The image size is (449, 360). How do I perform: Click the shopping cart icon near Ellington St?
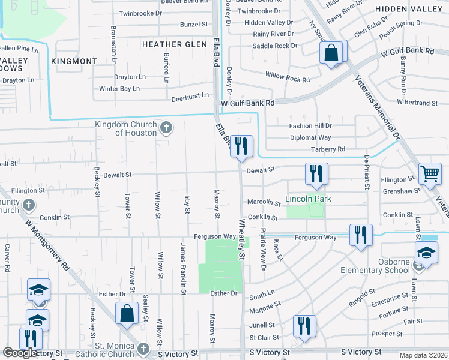430,174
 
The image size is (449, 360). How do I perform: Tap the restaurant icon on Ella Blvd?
241,146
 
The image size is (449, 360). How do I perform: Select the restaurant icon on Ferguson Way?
361,235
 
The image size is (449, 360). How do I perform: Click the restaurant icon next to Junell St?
304,326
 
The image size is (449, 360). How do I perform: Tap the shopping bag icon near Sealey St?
127,313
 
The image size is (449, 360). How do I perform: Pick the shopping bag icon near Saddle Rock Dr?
331,52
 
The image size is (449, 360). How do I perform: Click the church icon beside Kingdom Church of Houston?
167,127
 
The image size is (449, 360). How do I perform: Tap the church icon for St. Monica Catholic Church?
143,349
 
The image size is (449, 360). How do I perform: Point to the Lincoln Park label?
308,199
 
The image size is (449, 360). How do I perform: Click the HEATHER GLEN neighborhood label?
166,44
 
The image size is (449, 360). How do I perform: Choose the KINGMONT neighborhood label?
74,61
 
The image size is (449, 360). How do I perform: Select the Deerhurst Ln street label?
190,95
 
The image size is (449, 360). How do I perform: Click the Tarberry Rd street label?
327,149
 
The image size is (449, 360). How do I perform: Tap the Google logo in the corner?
20,353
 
